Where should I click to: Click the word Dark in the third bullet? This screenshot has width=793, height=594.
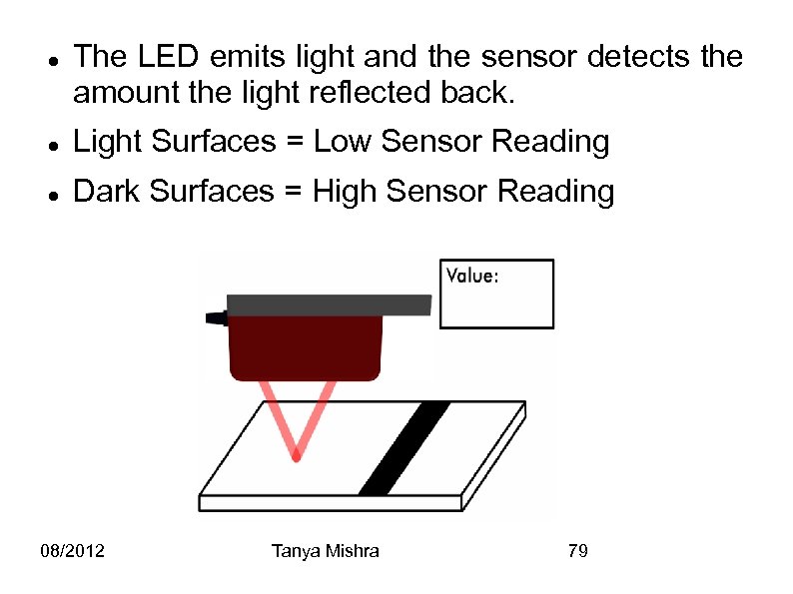point(105,190)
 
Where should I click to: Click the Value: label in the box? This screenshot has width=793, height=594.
point(471,277)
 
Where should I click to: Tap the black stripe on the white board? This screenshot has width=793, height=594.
point(403,448)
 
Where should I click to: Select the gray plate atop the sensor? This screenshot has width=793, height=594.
point(329,304)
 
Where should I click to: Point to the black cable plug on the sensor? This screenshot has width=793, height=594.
point(216,317)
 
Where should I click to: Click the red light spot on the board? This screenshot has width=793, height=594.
point(296,456)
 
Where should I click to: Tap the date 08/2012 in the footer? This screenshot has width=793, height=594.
point(74,551)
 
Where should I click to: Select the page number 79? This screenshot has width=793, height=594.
point(576,551)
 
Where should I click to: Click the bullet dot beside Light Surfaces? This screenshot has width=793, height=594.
point(51,145)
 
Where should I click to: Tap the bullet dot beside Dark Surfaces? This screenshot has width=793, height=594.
point(51,193)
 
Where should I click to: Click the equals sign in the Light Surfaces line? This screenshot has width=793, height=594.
point(295,143)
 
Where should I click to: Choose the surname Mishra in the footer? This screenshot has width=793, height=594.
point(352,551)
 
